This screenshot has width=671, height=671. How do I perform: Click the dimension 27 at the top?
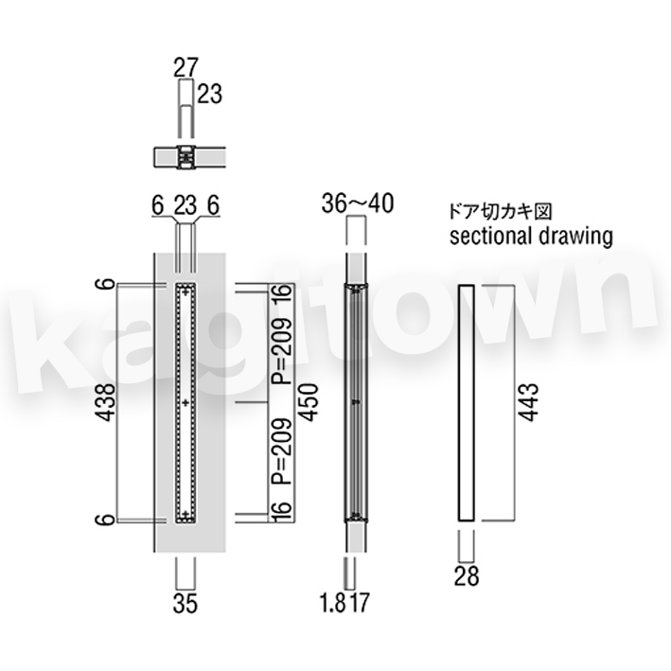pos(186,67)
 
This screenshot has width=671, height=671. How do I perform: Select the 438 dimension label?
pos(105,402)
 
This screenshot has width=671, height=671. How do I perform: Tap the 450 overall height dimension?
pos(309,402)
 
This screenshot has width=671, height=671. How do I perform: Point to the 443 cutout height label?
pos(528,402)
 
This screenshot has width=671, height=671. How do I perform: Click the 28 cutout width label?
pos(467,575)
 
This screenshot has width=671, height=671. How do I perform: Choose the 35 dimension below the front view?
pos(185,604)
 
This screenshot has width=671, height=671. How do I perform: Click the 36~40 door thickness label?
pos(358,203)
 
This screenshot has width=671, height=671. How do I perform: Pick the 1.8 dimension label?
pos(333,603)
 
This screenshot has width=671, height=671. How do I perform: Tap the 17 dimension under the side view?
pos(359,603)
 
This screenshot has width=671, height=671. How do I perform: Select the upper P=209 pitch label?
pos(282,351)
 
